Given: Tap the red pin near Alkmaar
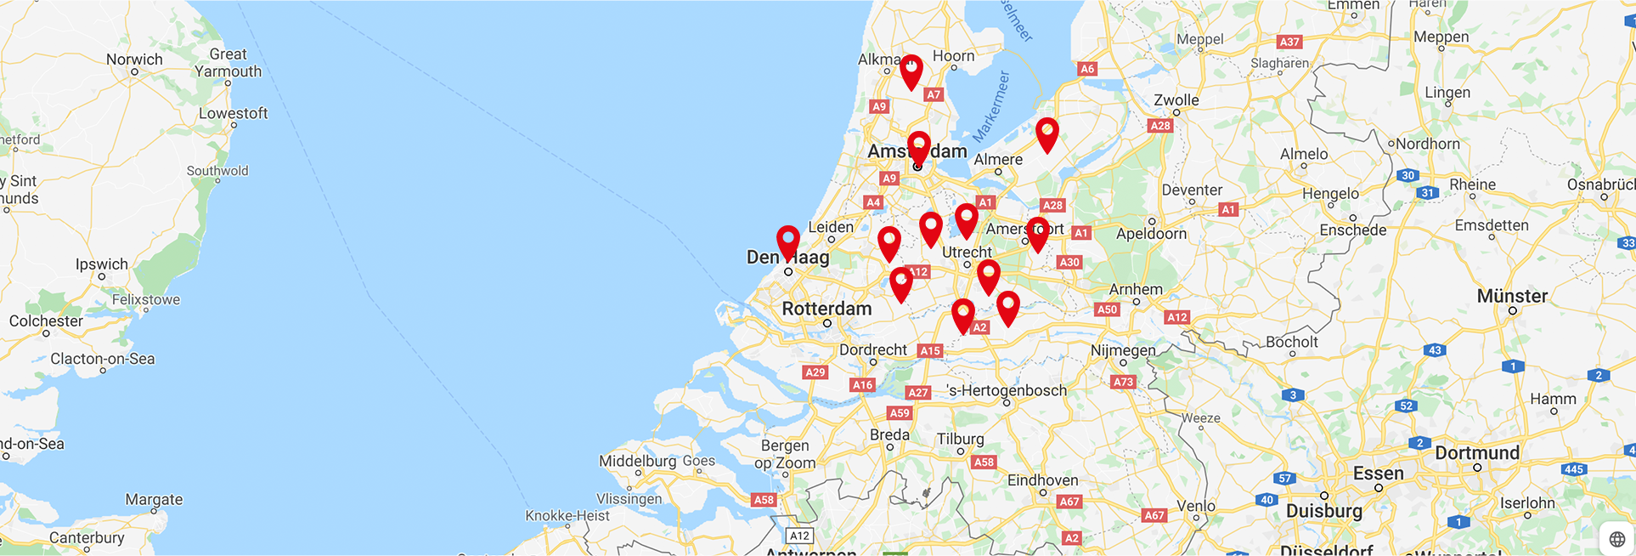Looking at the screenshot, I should click(911, 70).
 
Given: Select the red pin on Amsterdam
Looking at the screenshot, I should click(918, 146).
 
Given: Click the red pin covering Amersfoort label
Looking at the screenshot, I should click(1037, 232).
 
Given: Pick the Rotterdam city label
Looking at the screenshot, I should click(826, 309).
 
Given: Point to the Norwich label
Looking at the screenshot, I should click(134, 60).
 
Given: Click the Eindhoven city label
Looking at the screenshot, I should click(1042, 480).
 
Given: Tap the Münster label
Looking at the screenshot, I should click(1512, 296).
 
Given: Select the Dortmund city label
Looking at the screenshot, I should click(1477, 452).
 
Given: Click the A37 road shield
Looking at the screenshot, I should click(1289, 42).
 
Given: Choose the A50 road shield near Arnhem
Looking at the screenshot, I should click(1107, 309).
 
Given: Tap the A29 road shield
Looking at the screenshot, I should click(815, 372).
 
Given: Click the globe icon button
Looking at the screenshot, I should click(1616, 539).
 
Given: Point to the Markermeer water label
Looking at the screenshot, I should click(991, 106).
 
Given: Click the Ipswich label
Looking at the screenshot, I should click(102, 264).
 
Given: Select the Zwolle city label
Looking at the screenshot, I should click(1176, 99).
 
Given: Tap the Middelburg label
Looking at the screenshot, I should click(638, 461).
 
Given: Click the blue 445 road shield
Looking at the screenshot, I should click(1574, 469).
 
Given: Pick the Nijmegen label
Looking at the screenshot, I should click(1123, 350).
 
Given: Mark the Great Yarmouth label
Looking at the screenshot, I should click(228, 63).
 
